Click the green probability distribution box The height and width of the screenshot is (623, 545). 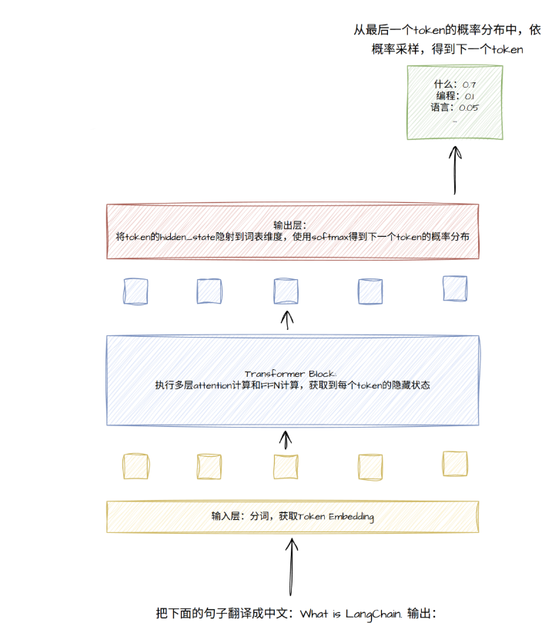point(455,102)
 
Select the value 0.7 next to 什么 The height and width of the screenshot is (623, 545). point(469,85)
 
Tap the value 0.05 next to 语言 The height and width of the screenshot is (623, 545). point(469,108)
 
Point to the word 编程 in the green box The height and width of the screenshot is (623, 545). point(445,96)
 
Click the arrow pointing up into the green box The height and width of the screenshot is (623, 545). point(455,170)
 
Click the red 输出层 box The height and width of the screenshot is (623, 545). point(293,232)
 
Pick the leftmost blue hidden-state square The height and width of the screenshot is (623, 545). point(135,292)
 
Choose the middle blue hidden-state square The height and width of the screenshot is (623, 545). point(286,292)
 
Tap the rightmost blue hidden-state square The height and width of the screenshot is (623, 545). point(455,288)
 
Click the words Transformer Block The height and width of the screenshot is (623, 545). point(290,374)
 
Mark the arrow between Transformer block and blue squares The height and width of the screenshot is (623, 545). point(287,320)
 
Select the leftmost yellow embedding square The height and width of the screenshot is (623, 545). point(136,466)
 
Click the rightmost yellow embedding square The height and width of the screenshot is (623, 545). point(455,464)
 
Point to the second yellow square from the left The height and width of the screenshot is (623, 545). point(209,466)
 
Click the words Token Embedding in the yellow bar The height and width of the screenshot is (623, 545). point(336,517)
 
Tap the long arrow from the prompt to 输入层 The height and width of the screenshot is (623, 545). point(292,567)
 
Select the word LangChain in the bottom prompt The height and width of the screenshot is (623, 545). point(373,614)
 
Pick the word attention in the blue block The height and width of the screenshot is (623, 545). point(212,385)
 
